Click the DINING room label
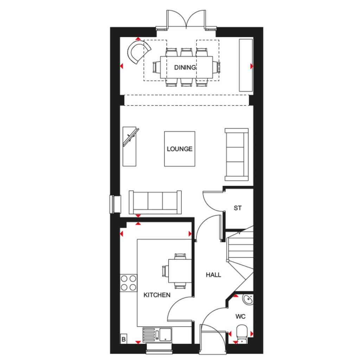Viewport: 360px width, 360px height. click(x=185, y=67)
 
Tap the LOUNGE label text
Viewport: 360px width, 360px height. click(x=180, y=149)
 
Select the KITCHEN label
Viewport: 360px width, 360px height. click(x=157, y=295)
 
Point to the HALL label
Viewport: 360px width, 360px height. click(x=213, y=275)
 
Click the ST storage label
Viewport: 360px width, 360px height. click(x=238, y=208)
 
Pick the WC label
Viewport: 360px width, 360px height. click(x=240, y=317)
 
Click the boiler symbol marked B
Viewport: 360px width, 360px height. click(x=124, y=339)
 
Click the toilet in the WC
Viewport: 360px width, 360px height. click(x=242, y=333)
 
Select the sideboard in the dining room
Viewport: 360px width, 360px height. click(x=246, y=65)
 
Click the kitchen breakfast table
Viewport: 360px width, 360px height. click(x=180, y=271)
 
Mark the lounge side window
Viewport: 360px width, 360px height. click(x=115, y=204)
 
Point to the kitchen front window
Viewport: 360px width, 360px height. click(x=159, y=347)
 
